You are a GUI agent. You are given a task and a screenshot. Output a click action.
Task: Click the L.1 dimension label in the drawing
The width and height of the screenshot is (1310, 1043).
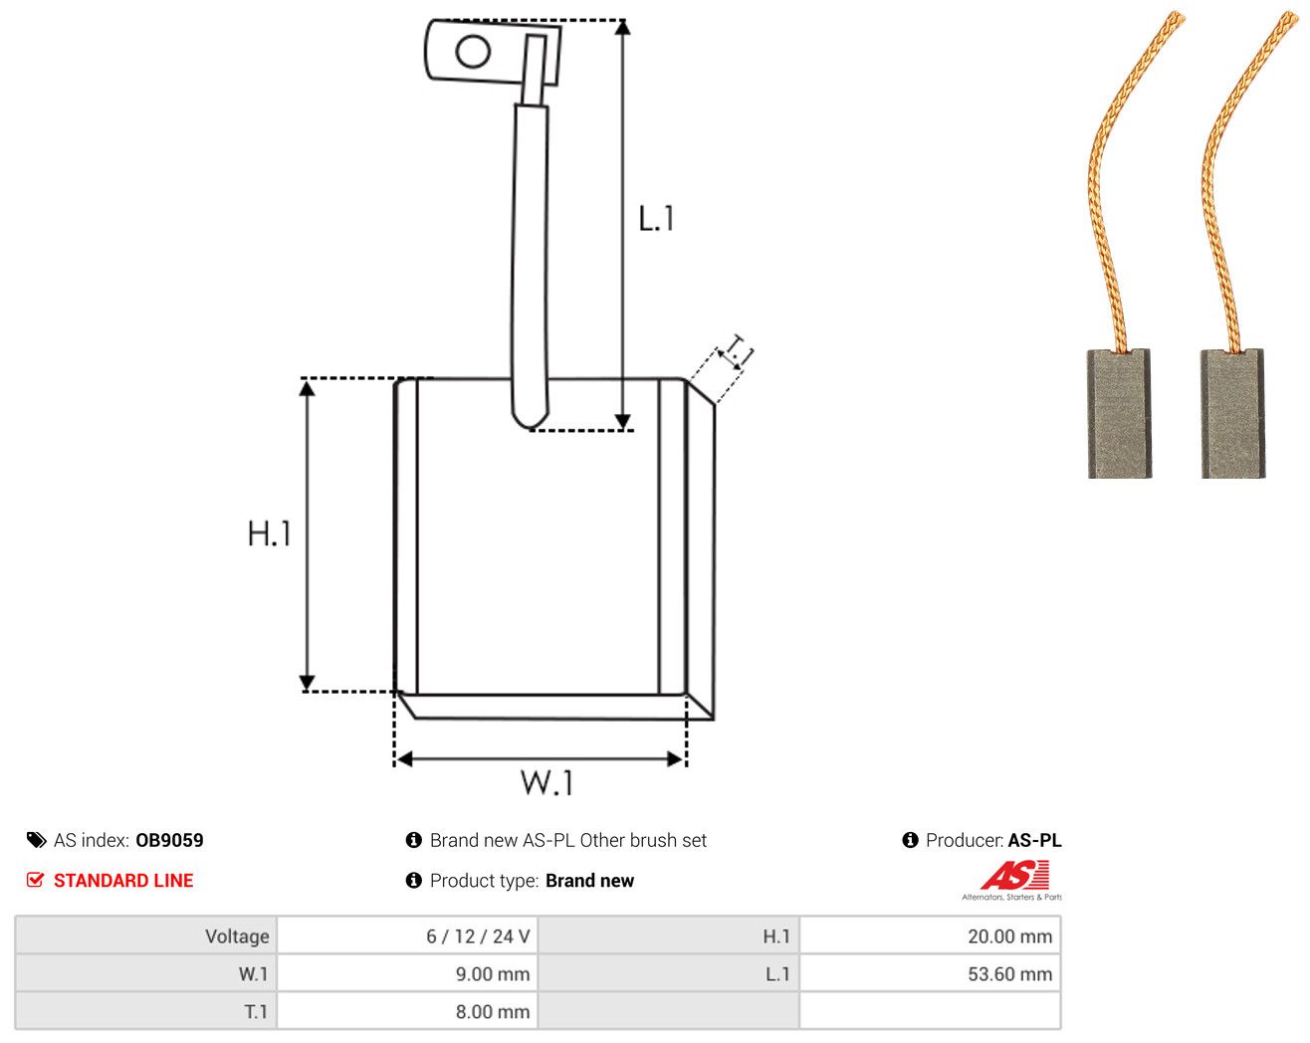point(656,219)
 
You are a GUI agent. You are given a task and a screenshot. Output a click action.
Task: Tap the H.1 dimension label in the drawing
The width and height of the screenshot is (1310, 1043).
point(270,533)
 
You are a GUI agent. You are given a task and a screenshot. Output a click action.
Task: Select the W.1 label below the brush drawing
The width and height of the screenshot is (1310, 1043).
point(546,782)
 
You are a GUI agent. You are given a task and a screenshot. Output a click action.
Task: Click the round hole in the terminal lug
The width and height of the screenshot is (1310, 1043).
point(473,52)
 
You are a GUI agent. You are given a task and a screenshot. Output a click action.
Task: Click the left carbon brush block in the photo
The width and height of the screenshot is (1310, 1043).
point(1119,413)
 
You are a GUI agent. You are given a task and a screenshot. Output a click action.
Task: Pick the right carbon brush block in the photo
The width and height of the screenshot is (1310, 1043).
point(1232,413)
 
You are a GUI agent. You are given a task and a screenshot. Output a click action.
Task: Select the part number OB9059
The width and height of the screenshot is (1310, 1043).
point(169,840)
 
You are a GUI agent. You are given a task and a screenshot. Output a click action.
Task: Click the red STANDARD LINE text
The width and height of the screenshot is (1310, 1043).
point(123,881)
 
